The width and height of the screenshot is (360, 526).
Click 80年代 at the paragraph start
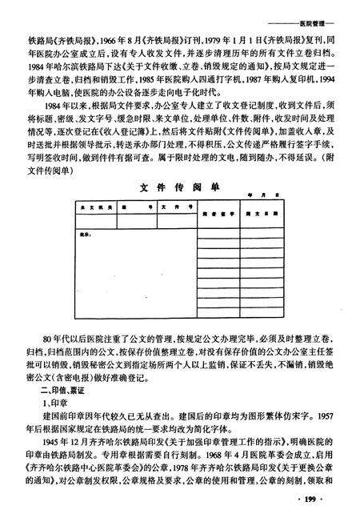tap(55, 335)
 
